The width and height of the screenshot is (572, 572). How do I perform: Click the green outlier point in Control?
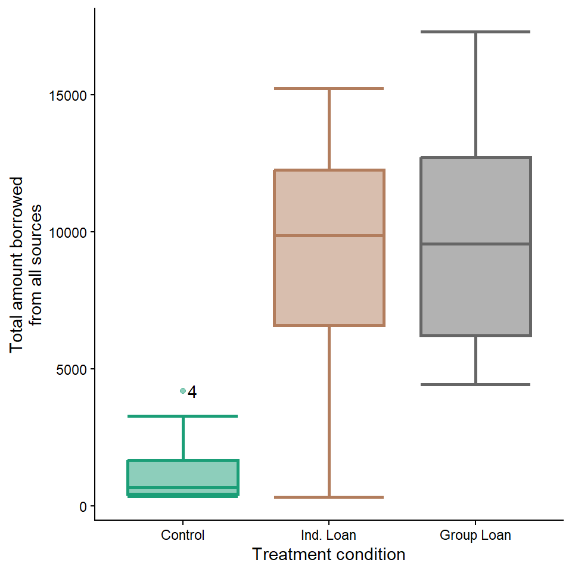183,391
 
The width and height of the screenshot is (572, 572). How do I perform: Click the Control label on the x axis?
182,535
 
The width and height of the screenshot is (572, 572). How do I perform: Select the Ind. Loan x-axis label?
329,535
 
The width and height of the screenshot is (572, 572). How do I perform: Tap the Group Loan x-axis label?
475,535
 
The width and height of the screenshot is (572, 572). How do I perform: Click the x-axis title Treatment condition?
329,555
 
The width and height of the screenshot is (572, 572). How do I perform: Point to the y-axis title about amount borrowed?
27,265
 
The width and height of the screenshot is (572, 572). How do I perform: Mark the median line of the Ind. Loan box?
329,235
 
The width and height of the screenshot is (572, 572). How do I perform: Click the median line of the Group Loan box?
475,244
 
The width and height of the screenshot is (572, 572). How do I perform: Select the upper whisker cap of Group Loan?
475,32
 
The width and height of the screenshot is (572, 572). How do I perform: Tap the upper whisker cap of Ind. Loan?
329,88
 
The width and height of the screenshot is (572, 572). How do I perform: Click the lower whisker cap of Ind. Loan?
329,497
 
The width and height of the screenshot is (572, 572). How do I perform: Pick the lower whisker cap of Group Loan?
475,384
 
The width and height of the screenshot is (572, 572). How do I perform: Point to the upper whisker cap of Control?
182,416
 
